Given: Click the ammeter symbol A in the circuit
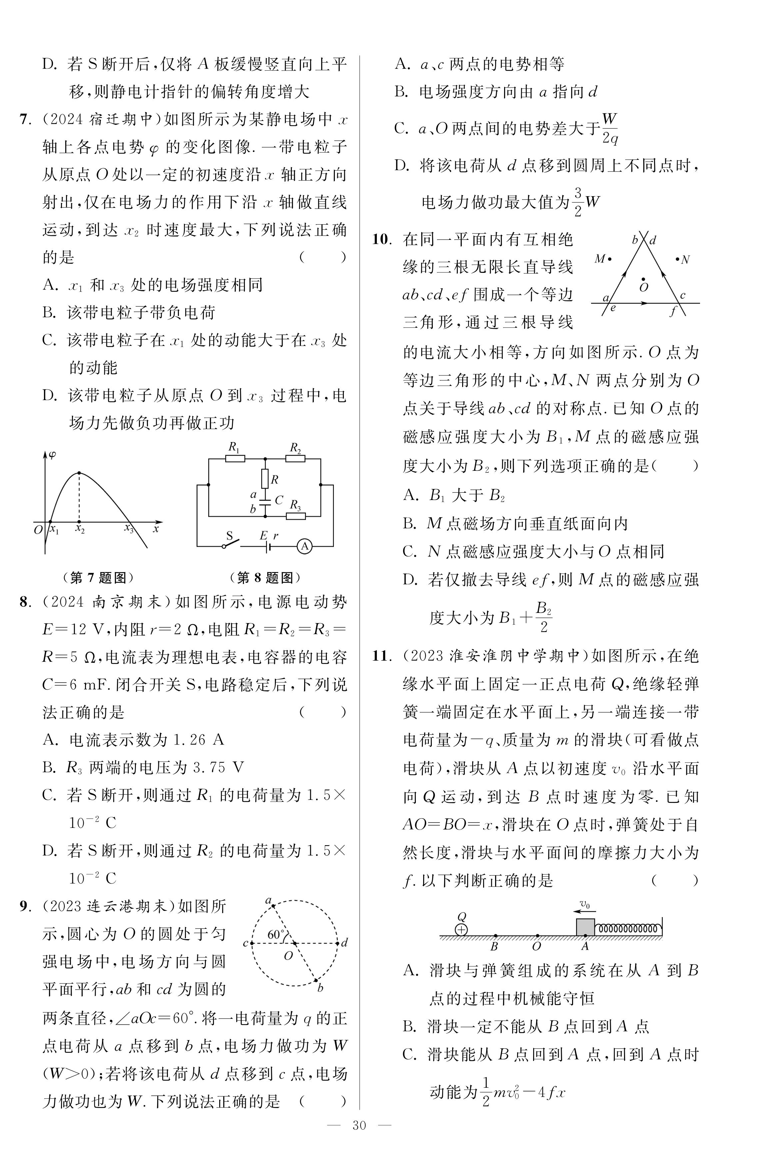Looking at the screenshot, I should tap(304, 546).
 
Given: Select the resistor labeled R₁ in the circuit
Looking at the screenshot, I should tap(235, 458).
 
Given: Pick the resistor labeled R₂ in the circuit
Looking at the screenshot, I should tap(295, 458).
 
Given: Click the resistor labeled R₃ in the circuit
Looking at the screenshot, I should tap(296, 516).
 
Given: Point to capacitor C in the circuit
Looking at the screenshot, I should tap(265, 501).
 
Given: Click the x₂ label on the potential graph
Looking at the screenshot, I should tap(80, 530).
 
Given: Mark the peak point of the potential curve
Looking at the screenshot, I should tap(79, 472).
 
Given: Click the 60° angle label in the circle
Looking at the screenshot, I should tap(276, 934).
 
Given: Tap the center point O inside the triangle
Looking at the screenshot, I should tap(643, 279).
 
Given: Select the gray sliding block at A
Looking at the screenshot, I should tap(585, 927).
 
